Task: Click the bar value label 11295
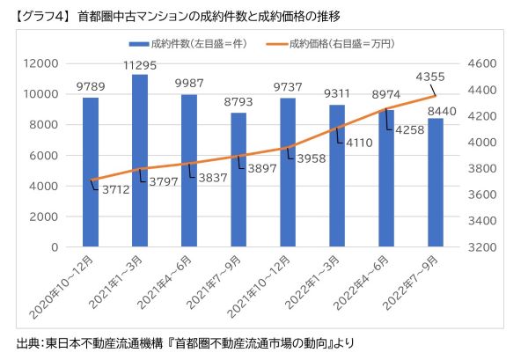(x=139, y=64)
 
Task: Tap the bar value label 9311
(x=337, y=92)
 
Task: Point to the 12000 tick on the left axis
(x=43, y=64)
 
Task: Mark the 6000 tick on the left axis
(x=47, y=156)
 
